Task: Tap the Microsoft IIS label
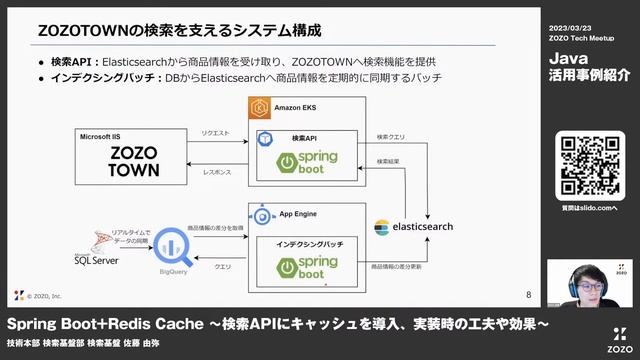pyautogui.click(x=103, y=136)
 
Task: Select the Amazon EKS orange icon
pyautogui.click(x=259, y=107)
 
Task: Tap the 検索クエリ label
pyautogui.click(x=390, y=136)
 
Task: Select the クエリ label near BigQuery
pyautogui.click(x=222, y=267)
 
